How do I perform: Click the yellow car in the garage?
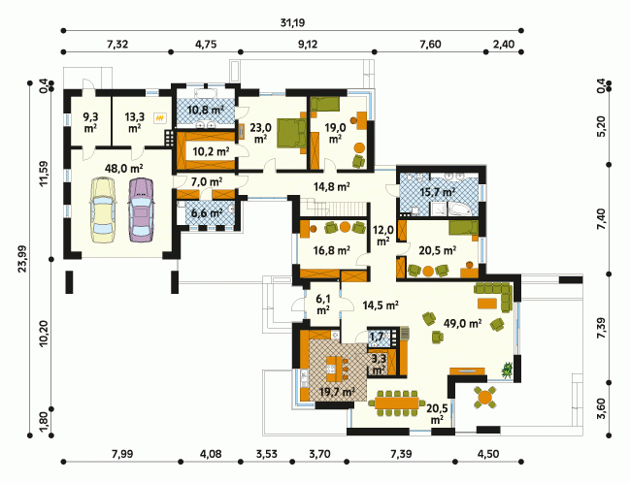coord(104,210)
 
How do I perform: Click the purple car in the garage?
coord(141,210)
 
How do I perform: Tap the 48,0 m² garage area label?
coord(123,168)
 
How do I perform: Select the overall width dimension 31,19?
coord(292,22)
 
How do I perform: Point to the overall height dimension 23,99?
coord(22,259)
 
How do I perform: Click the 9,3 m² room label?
coord(90,122)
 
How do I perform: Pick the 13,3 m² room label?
coord(134,122)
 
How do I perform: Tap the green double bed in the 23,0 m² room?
coord(291,133)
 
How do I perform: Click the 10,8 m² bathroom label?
coord(206,110)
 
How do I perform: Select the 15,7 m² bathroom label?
coord(437,192)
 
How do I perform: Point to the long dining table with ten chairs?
coord(397,402)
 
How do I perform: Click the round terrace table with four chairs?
coord(485,398)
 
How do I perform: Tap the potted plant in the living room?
coord(508,370)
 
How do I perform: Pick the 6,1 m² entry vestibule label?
coord(323,304)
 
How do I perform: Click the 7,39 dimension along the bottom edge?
coord(401,454)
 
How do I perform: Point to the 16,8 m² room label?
coord(331,250)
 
